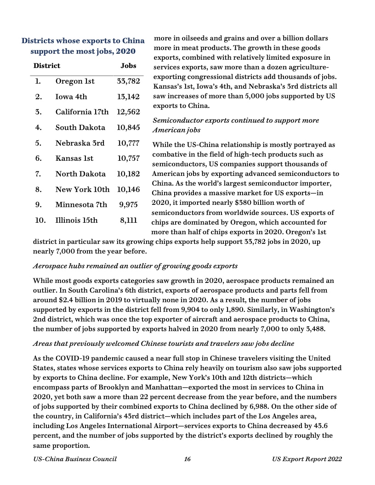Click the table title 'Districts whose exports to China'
83,41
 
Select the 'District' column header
46,66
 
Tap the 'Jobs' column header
128,66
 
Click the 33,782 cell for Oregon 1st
128,81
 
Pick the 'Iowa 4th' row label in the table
71,97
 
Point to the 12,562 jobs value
128,112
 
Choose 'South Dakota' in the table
80,128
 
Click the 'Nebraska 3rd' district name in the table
80,143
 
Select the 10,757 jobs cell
128,158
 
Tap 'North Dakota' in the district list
80,174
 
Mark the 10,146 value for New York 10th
128,189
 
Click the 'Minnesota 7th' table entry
81,205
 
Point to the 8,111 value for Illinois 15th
129,220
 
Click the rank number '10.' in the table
40,220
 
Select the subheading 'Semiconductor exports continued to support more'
235,120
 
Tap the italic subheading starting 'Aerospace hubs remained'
136,266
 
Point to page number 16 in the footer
187,459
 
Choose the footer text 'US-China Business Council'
75,459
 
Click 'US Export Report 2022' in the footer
307,459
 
